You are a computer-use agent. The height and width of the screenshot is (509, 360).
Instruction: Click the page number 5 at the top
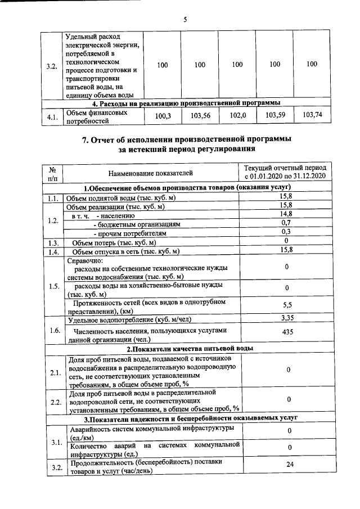[184, 20]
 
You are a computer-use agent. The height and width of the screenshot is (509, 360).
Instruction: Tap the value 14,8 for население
[286, 214]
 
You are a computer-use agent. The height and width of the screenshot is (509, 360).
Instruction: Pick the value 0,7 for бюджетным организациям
[286, 223]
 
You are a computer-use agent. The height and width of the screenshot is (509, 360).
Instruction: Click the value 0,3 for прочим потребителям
[286, 232]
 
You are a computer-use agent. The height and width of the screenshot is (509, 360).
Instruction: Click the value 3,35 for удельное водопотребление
[286, 319]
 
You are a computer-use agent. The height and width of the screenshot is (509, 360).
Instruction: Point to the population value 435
[286, 332]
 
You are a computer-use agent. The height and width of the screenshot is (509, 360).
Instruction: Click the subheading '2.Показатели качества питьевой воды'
[187, 348]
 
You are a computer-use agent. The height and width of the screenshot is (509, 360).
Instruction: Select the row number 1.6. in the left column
[54, 330]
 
